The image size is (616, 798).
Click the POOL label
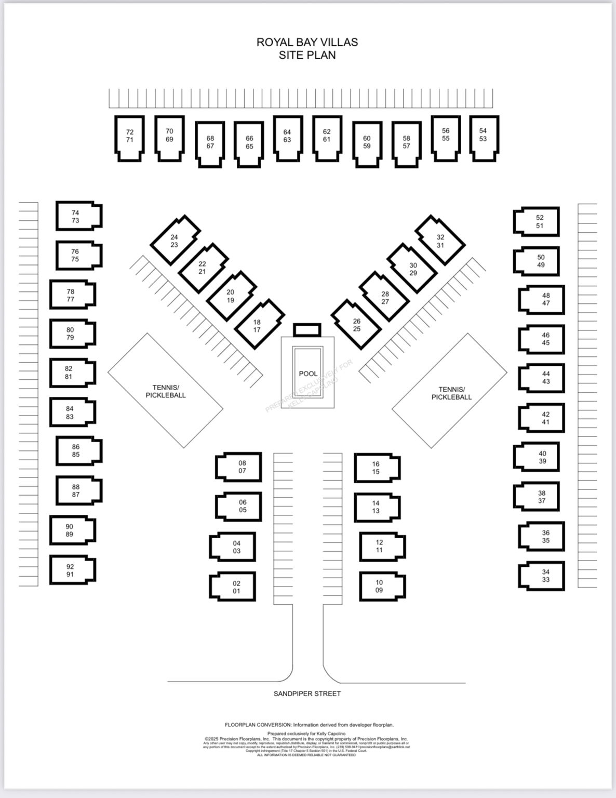pyautogui.click(x=308, y=374)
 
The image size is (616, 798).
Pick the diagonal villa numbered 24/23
pyautogui.click(x=175, y=241)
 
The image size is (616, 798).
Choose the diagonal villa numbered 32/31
pyautogui.click(x=440, y=241)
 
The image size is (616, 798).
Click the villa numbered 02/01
pyautogui.click(x=234, y=587)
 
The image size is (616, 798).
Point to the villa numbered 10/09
pyautogui.click(x=381, y=586)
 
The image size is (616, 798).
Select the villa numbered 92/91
pyautogui.click(x=72, y=570)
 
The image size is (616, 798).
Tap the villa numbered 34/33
pyautogui.click(x=543, y=576)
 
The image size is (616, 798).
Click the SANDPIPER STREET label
pyautogui.click(x=307, y=694)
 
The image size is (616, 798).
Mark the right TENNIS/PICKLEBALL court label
pyautogui.click(x=451, y=393)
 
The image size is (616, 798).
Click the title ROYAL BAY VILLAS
pyautogui.click(x=307, y=42)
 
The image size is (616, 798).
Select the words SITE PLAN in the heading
pyautogui.click(x=307, y=55)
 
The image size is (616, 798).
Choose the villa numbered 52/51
pyautogui.click(x=537, y=222)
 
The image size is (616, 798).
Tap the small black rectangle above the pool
pyautogui.click(x=307, y=330)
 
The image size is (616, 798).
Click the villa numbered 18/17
pyautogui.click(x=258, y=326)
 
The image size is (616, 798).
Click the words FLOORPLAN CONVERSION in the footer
pyautogui.click(x=258, y=725)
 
